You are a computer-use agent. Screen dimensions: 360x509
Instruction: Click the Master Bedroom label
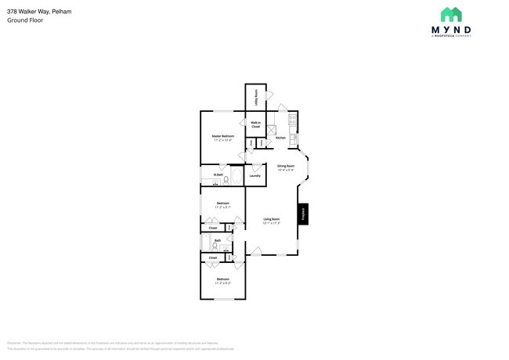(223, 135)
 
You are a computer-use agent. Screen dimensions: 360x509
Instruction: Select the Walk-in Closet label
(255, 124)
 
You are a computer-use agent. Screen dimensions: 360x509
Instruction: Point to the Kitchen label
(280, 138)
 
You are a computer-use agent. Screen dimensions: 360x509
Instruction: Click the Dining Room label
(285, 165)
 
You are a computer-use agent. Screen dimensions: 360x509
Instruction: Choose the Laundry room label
(254, 175)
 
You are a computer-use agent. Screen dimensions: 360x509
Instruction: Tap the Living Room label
(272, 219)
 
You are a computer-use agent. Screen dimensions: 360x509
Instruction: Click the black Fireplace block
(302, 214)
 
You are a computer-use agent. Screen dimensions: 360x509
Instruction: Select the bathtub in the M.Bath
(238, 179)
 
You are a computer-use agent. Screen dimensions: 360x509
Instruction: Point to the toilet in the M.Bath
(226, 180)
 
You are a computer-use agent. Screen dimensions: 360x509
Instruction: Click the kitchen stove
(292, 121)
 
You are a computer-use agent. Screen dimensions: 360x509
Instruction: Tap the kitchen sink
(294, 139)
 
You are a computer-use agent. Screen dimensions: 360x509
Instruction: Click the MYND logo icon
(450, 15)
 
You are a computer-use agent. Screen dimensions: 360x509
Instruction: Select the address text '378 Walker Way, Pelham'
(34, 11)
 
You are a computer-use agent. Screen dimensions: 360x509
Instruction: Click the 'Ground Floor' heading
(25, 20)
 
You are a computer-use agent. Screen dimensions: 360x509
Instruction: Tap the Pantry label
(251, 143)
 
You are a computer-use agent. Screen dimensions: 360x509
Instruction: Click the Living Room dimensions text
(272, 223)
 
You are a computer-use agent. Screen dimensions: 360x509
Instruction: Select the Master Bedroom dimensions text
(223, 140)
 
